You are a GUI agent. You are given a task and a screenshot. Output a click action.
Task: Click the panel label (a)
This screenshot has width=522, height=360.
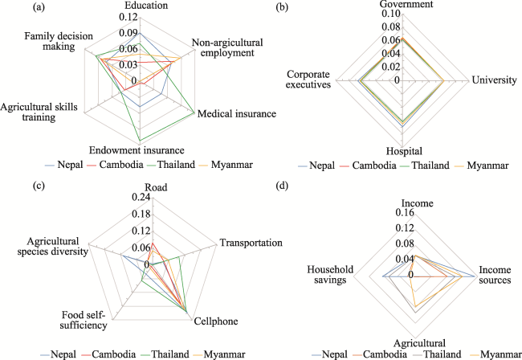click(x=15, y=8)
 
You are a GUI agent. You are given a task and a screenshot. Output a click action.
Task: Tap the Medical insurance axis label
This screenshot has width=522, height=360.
click(x=237, y=114)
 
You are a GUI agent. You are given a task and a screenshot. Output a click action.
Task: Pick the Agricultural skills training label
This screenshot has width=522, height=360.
click(x=40, y=112)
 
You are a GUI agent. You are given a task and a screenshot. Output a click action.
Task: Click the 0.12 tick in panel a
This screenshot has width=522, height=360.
click(x=128, y=17)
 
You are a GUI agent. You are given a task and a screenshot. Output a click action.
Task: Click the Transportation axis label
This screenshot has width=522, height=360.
click(x=251, y=243)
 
